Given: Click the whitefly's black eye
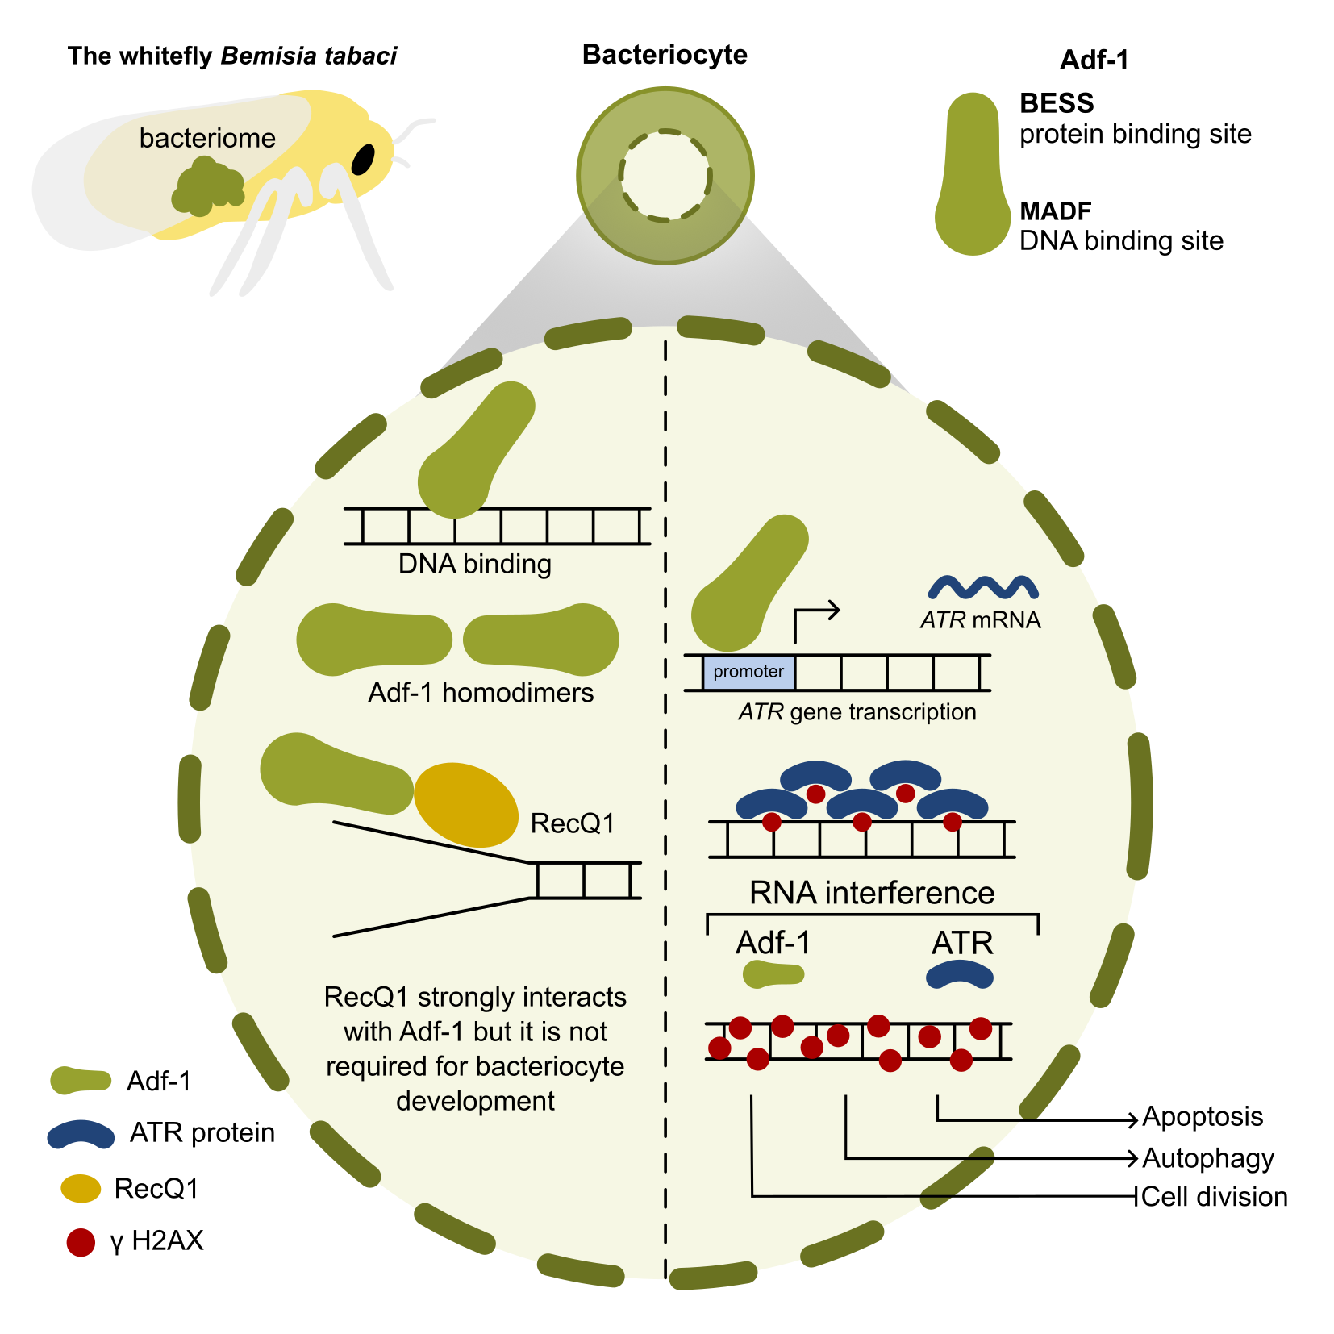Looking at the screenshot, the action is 363,159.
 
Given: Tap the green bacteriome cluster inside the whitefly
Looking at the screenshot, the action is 207,186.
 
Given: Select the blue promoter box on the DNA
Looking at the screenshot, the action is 748,672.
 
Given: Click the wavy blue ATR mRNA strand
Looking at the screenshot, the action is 983,587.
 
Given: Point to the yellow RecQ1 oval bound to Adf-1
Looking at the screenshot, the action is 466,805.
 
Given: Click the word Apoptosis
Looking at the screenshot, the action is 1203,1117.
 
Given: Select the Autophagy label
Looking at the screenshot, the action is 1208,1158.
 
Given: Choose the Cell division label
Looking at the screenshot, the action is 1215,1197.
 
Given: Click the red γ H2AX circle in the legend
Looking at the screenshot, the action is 81,1242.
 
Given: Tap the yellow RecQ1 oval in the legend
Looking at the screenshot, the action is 81,1188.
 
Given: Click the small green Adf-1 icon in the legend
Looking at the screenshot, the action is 81,1081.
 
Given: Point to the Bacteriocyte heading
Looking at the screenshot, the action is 665,55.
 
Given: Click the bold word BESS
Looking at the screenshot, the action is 1057,103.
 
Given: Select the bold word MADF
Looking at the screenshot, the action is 1056,211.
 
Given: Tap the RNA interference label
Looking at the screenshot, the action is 872,893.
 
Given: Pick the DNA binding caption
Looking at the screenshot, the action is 475,564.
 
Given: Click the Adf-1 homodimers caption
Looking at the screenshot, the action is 481,693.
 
